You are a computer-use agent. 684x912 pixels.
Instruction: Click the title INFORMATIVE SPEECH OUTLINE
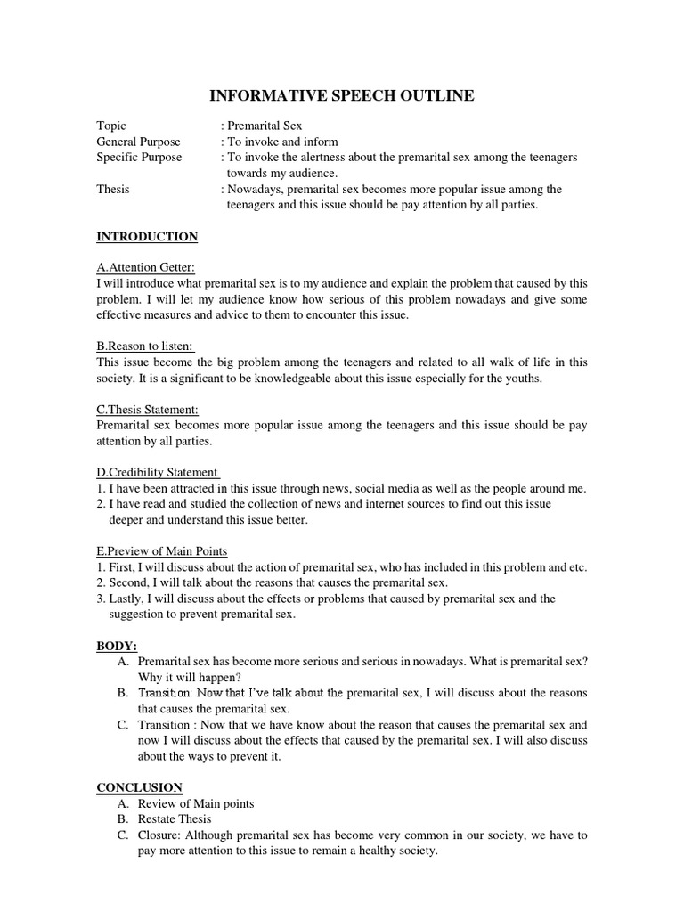pyautogui.click(x=341, y=95)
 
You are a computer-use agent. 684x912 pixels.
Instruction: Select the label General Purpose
pyautogui.click(x=138, y=142)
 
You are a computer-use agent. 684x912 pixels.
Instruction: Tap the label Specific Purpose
pyautogui.click(x=139, y=157)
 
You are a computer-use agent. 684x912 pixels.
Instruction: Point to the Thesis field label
pyautogui.click(x=113, y=189)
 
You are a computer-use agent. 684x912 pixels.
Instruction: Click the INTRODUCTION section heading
pyautogui.click(x=147, y=236)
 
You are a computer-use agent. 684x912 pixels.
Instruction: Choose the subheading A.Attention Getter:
pyautogui.click(x=145, y=267)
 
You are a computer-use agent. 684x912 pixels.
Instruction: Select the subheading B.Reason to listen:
pyautogui.click(x=145, y=346)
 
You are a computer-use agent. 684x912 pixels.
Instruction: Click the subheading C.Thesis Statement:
pyautogui.click(x=147, y=410)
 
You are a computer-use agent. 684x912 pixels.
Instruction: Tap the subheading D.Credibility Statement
pyautogui.click(x=158, y=472)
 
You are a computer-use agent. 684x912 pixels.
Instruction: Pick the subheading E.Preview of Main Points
pyautogui.click(x=162, y=551)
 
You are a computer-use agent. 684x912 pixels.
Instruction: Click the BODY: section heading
pyautogui.click(x=117, y=645)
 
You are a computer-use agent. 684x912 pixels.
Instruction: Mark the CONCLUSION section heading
pyautogui.click(x=139, y=787)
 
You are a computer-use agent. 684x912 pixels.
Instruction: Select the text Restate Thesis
pyautogui.click(x=175, y=818)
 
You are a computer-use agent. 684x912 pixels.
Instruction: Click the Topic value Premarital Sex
pyautogui.click(x=265, y=126)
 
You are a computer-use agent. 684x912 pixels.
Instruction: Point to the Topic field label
pyautogui.click(x=111, y=126)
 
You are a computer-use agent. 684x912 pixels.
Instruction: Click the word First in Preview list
pyautogui.click(x=119, y=567)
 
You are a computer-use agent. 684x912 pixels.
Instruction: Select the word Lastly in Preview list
pyautogui.click(x=123, y=598)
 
